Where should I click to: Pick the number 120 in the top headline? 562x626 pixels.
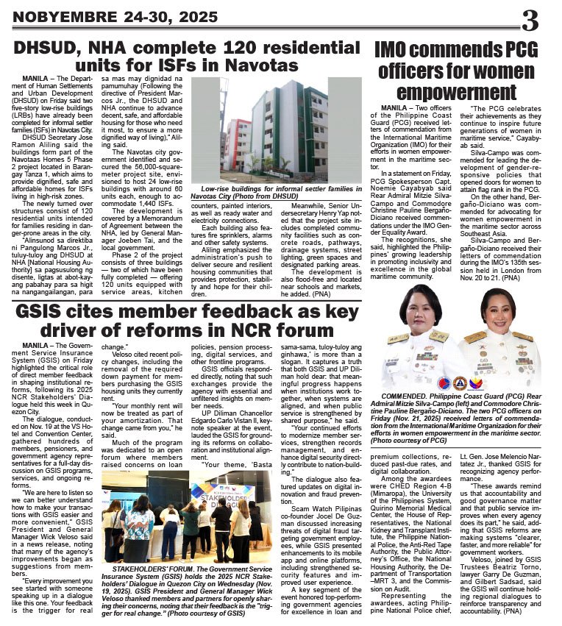click(x=233, y=48)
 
